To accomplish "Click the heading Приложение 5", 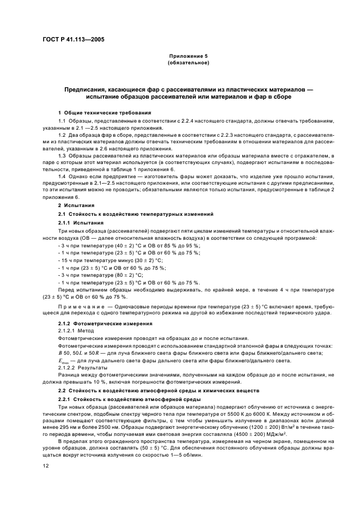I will click(x=188, y=56).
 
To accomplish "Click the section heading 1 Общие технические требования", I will click(x=97, y=112).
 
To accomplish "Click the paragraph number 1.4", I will click(x=62, y=177).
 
